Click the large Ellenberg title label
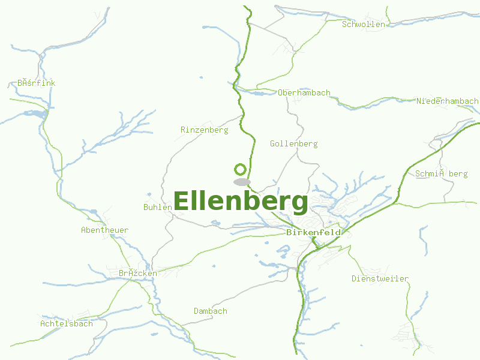tap(241, 202)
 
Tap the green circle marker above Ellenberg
tap(241, 169)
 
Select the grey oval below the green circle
tap(242, 182)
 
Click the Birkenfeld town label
tap(314, 232)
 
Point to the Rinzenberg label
tap(205, 130)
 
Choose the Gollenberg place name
tap(293, 144)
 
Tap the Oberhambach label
tap(304, 93)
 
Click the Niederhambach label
tap(447, 101)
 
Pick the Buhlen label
tap(158, 207)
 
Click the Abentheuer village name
tap(104, 230)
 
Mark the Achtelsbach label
tap(67, 323)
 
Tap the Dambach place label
tap(211, 311)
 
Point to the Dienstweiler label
tap(380, 278)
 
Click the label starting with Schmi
tap(441, 174)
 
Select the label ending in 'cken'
tap(137, 273)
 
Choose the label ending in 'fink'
tap(36, 83)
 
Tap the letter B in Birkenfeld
tap(290, 232)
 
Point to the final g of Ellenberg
tap(299, 204)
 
